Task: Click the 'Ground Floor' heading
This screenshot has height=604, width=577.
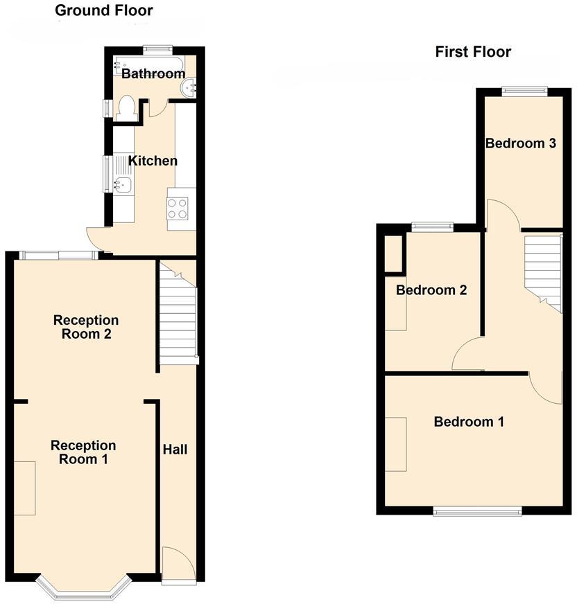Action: (x=104, y=10)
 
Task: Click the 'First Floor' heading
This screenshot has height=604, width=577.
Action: (x=473, y=51)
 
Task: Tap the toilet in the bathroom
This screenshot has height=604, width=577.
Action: (x=126, y=108)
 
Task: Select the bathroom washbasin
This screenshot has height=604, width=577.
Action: (x=188, y=87)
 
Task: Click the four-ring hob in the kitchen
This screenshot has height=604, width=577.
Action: (x=178, y=208)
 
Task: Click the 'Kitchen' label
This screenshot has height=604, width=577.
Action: (x=153, y=161)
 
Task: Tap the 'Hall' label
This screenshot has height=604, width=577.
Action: (x=175, y=450)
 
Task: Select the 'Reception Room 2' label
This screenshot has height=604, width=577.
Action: (x=86, y=327)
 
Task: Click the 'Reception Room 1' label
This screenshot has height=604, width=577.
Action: (x=83, y=452)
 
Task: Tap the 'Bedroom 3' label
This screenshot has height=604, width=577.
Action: (x=521, y=143)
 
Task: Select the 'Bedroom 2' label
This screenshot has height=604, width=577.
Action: (x=431, y=290)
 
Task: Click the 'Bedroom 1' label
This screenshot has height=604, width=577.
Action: (x=469, y=421)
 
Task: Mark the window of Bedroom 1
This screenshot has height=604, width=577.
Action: (x=478, y=510)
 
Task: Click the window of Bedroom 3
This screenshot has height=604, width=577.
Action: (x=524, y=89)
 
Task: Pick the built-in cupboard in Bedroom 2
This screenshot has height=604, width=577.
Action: (x=393, y=254)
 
